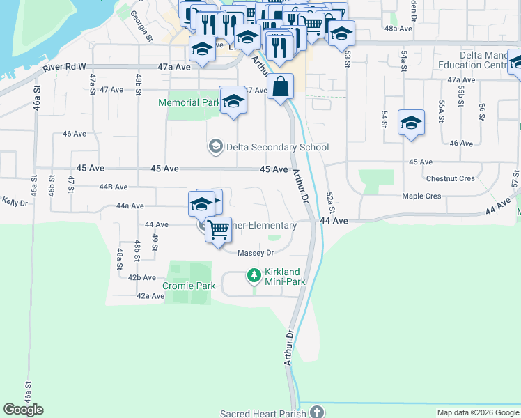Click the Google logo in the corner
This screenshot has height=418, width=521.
(23, 410)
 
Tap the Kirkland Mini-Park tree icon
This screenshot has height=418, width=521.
(254, 277)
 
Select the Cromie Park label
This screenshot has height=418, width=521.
(189, 286)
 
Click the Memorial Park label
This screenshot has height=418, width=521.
(189, 102)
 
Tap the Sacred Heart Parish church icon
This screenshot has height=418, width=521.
(317, 412)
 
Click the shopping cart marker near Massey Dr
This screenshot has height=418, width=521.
(219, 229)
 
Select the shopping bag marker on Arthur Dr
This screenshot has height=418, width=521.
(280, 88)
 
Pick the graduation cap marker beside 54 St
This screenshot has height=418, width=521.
(411, 123)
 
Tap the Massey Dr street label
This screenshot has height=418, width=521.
(256, 253)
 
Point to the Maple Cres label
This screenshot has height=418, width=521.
(421, 196)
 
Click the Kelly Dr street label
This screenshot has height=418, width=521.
(14, 202)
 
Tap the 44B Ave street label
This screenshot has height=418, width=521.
(114, 187)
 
